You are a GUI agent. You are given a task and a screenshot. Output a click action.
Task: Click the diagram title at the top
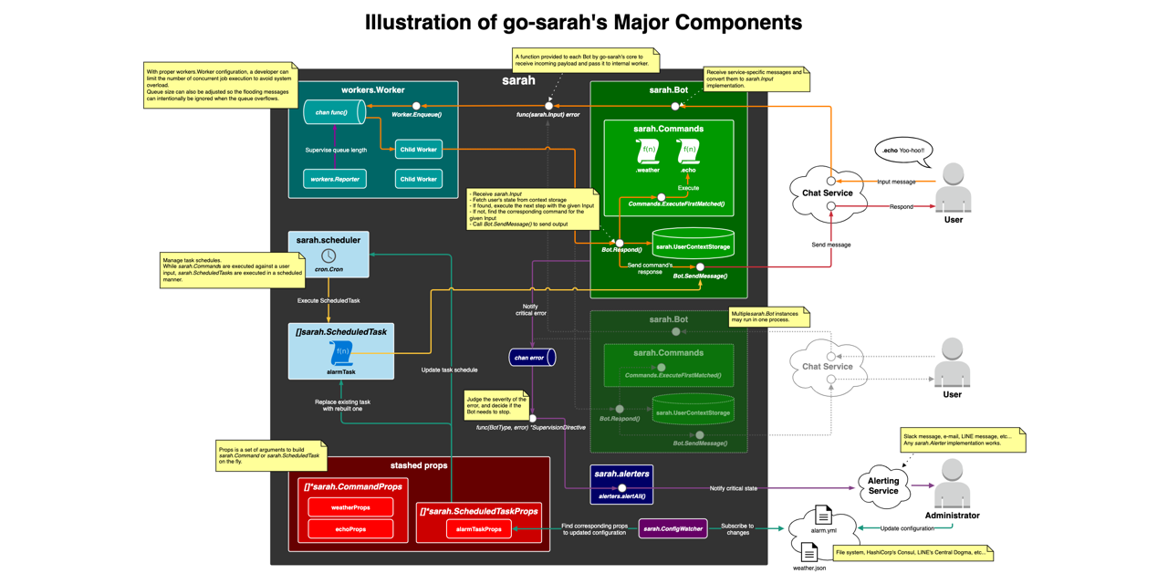point(583,22)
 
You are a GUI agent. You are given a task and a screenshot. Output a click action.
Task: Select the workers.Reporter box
point(335,179)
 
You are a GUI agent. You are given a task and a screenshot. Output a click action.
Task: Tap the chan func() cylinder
point(334,112)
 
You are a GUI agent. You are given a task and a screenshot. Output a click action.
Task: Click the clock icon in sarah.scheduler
point(328,255)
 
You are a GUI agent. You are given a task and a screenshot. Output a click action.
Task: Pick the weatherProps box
point(350,507)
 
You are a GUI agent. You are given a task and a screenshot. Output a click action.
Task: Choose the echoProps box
point(350,529)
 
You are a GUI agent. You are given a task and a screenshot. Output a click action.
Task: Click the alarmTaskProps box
point(479,529)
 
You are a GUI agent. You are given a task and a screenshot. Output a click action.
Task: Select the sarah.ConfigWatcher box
point(673,528)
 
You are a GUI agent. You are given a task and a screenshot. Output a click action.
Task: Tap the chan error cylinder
point(532,358)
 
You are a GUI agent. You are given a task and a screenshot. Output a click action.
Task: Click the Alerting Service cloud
point(882,485)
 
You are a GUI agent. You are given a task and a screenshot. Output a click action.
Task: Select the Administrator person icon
point(952,483)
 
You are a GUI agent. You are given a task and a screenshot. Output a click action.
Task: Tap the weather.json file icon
point(808,552)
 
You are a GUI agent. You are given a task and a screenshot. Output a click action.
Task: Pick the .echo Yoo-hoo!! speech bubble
point(903,151)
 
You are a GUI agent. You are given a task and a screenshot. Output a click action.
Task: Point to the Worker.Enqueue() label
point(416,115)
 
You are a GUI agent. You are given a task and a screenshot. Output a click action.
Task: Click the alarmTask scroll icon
point(341,353)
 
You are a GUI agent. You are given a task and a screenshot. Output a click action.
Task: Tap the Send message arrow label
point(830,245)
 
